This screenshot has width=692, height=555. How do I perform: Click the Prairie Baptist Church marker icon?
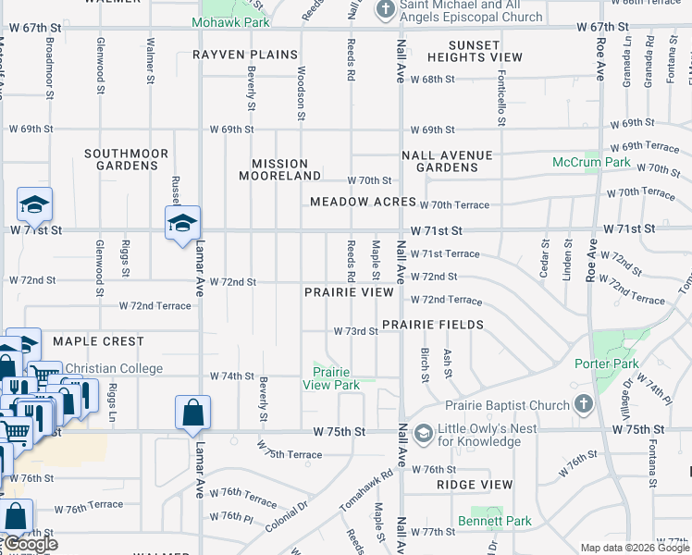tap(583, 404)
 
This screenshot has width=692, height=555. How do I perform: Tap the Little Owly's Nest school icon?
tap(424, 433)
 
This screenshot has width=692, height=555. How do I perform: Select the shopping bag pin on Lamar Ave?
tap(192, 413)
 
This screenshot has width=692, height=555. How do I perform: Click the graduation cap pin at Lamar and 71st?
tap(182, 223)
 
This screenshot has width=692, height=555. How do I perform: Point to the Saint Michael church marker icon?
tap(386, 10)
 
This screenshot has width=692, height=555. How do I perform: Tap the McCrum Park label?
tap(591, 162)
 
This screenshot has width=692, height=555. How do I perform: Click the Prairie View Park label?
tap(331, 378)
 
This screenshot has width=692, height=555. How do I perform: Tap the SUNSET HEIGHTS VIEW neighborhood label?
tap(486, 51)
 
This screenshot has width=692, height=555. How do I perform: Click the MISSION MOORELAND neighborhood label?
tap(279, 168)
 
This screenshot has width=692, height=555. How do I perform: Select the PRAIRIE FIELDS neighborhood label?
tap(433, 325)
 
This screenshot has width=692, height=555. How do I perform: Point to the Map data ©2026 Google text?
tap(635, 548)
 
